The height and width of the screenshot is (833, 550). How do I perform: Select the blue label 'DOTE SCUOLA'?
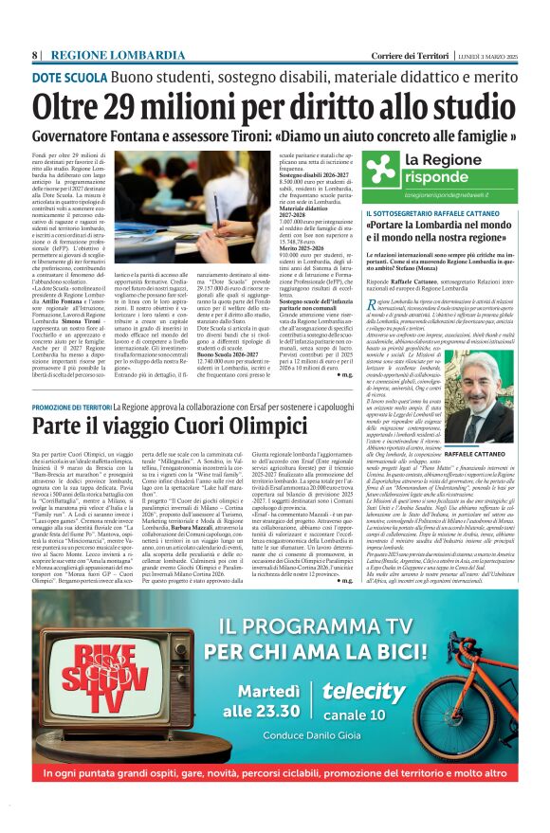click(69, 76)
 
